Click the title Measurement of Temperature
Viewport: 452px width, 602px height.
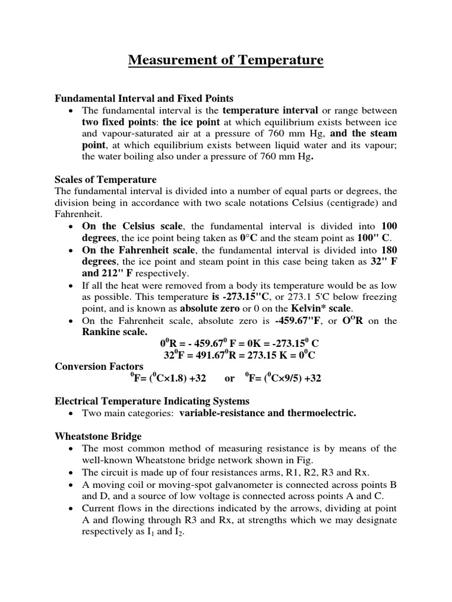pyautogui.click(x=226, y=60)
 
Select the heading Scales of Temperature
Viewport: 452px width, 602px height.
pyautogui.click(x=105, y=179)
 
